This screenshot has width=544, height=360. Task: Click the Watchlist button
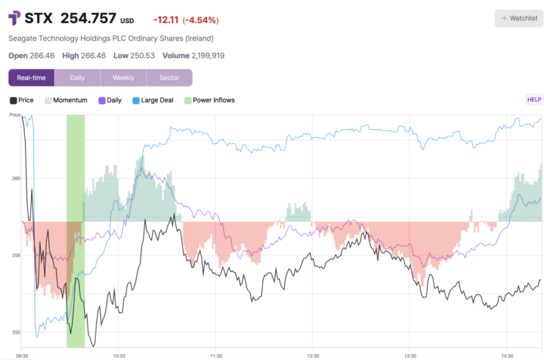[x=518, y=18]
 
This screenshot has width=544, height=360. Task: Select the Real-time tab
[x=31, y=78]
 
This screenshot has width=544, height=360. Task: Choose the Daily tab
[x=77, y=78]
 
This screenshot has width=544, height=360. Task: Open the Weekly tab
[x=123, y=78]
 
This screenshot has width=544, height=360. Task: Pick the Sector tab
[x=169, y=78]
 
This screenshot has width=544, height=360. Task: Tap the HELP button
[x=534, y=99]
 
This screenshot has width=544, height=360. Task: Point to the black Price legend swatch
[x=13, y=100]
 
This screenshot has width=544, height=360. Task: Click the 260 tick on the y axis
[x=15, y=178]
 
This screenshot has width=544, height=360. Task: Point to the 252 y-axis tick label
[x=15, y=332]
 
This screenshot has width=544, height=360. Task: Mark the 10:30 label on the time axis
[x=118, y=356]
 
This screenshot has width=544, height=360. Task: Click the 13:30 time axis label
[x=410, y=356]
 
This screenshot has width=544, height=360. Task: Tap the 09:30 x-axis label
[x=22, y=356]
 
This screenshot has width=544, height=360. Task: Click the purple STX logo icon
[x=15, y=19]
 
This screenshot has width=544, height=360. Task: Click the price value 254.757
[x=88, y=19]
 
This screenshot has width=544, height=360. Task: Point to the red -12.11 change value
[x=165, y=20]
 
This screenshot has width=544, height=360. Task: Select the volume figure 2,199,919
[x=207, y=56]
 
